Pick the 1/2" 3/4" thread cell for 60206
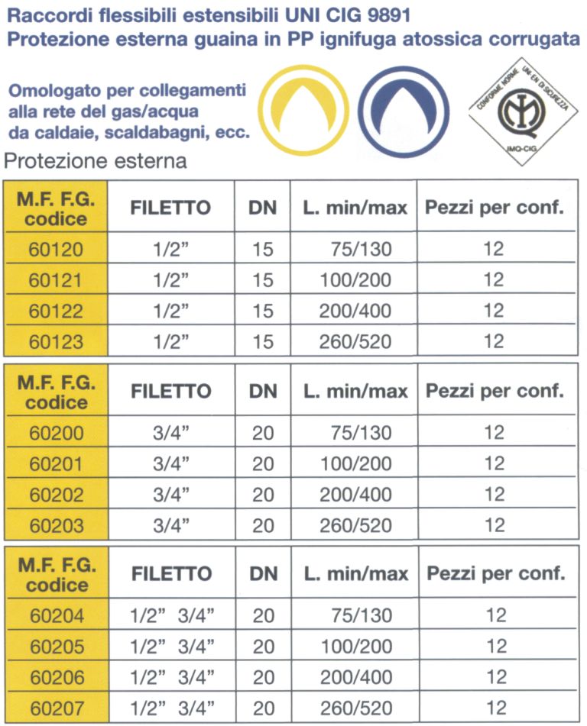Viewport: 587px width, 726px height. [171, 677]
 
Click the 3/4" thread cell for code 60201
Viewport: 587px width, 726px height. [171, 464]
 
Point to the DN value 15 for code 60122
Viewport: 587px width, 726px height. [263, 311]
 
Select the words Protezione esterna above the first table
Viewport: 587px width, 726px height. [96, 162]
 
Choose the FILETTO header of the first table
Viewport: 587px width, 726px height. [170, 208]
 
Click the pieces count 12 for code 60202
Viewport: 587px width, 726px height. [495, 495]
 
